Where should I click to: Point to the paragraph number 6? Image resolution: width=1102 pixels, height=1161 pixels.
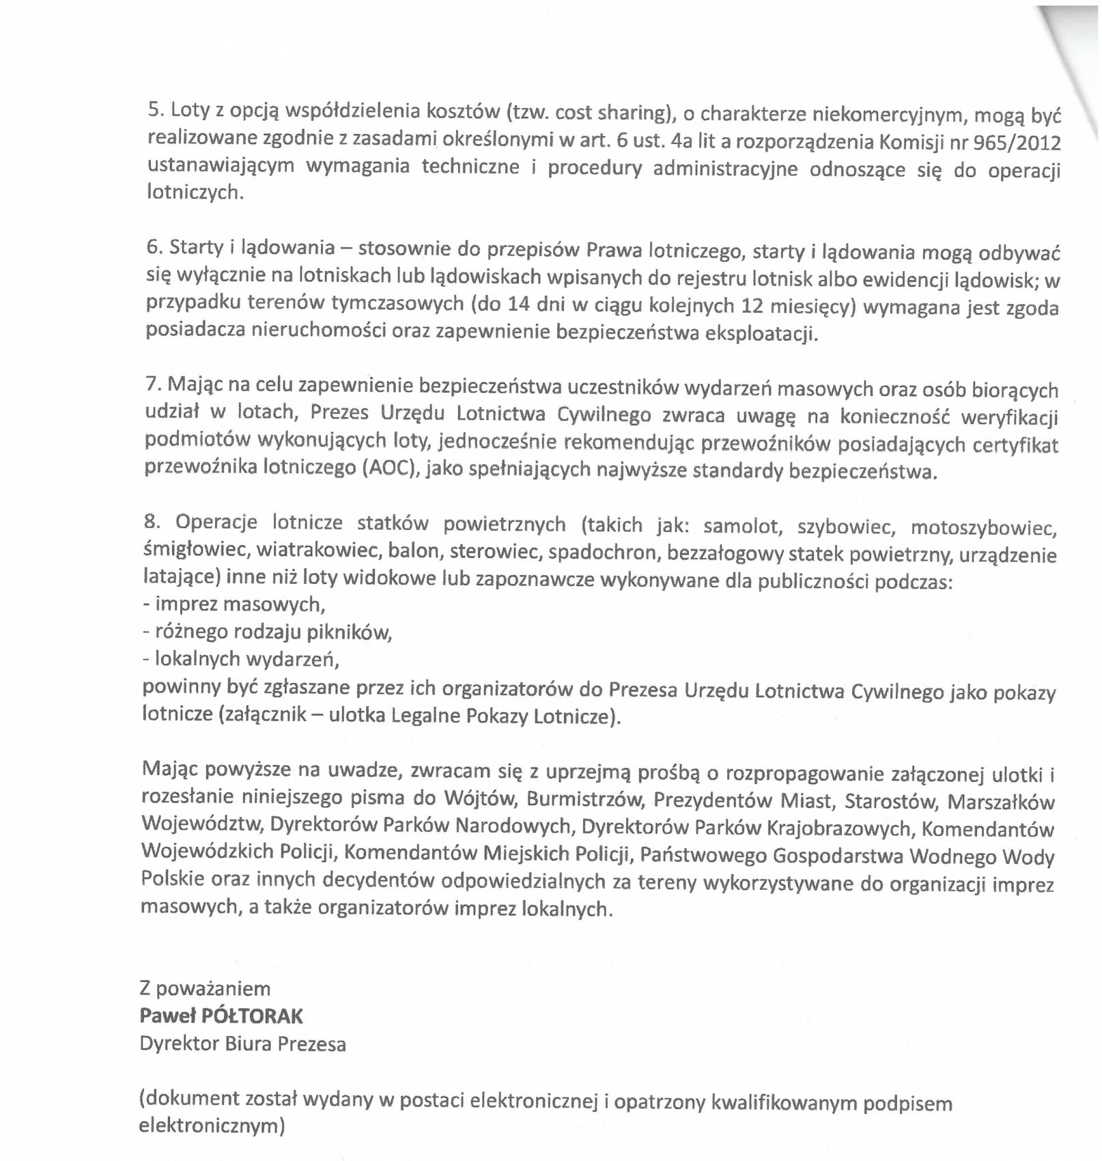(154, 246)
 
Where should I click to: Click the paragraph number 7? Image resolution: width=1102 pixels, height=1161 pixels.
(152, 384)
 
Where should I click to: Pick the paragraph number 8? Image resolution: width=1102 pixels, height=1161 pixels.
(152, 522)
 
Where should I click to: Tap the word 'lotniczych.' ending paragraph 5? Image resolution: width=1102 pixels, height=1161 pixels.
(195, 193)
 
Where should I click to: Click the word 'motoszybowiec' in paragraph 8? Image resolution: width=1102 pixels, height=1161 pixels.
(983, 528)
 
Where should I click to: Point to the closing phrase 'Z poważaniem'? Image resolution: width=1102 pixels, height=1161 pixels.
(205, 988)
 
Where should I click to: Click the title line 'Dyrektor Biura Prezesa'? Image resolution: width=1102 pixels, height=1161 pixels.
(242, 1044)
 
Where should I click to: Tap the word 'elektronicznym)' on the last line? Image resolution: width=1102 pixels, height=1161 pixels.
(212, 1125)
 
